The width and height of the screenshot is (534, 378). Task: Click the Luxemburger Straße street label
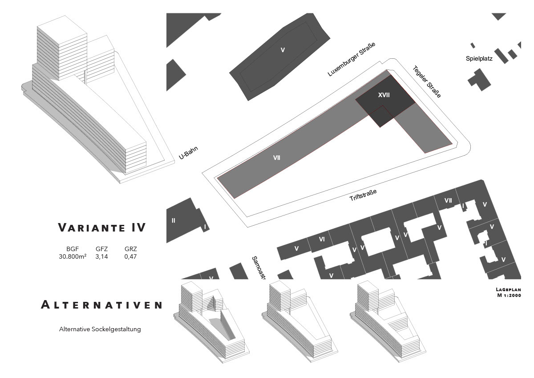coord(352,60)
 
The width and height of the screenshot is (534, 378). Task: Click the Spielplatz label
coord(479,58)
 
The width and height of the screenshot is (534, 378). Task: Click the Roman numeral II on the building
coord(174,220)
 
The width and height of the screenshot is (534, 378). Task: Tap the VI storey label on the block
coord(322,239)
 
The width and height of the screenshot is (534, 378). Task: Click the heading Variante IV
coord(102,228)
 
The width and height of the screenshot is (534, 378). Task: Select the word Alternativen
coord(102,305)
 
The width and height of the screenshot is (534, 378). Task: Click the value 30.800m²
coord(73,256)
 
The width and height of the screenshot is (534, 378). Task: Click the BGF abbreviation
coord(72,249)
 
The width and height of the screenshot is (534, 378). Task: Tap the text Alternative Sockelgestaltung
coord(100,329)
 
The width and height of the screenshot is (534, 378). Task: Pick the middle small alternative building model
coord(296,321)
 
